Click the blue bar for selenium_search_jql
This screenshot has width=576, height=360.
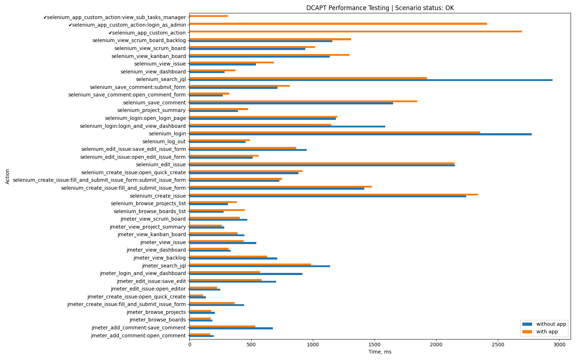(x=371, y=80)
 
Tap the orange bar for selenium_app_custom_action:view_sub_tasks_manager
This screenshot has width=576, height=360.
(x=208, y=16)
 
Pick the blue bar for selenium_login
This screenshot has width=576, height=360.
(x=360, y=135)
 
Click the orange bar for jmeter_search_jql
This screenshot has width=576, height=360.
(x=250, y=264)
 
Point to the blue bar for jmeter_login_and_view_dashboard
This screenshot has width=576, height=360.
(x=246, y=274)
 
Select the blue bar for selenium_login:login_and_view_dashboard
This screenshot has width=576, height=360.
(x=287, y=127)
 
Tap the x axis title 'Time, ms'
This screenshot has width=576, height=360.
(x=380, y=352)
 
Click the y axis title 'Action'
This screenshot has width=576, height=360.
(x=8, y=176)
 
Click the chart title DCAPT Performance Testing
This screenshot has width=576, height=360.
(x=380, y=8)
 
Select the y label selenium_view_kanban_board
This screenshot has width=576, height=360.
(x=148, y=56)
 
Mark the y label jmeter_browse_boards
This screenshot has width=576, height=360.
(x=157, y=320)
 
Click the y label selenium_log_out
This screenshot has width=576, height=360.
(x=164, y=141)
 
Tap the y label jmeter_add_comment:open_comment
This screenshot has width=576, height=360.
(x=138, y=336)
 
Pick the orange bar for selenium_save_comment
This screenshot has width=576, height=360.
(x=303, y=101)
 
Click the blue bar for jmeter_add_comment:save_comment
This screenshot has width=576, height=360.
(x=231, y=328)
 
